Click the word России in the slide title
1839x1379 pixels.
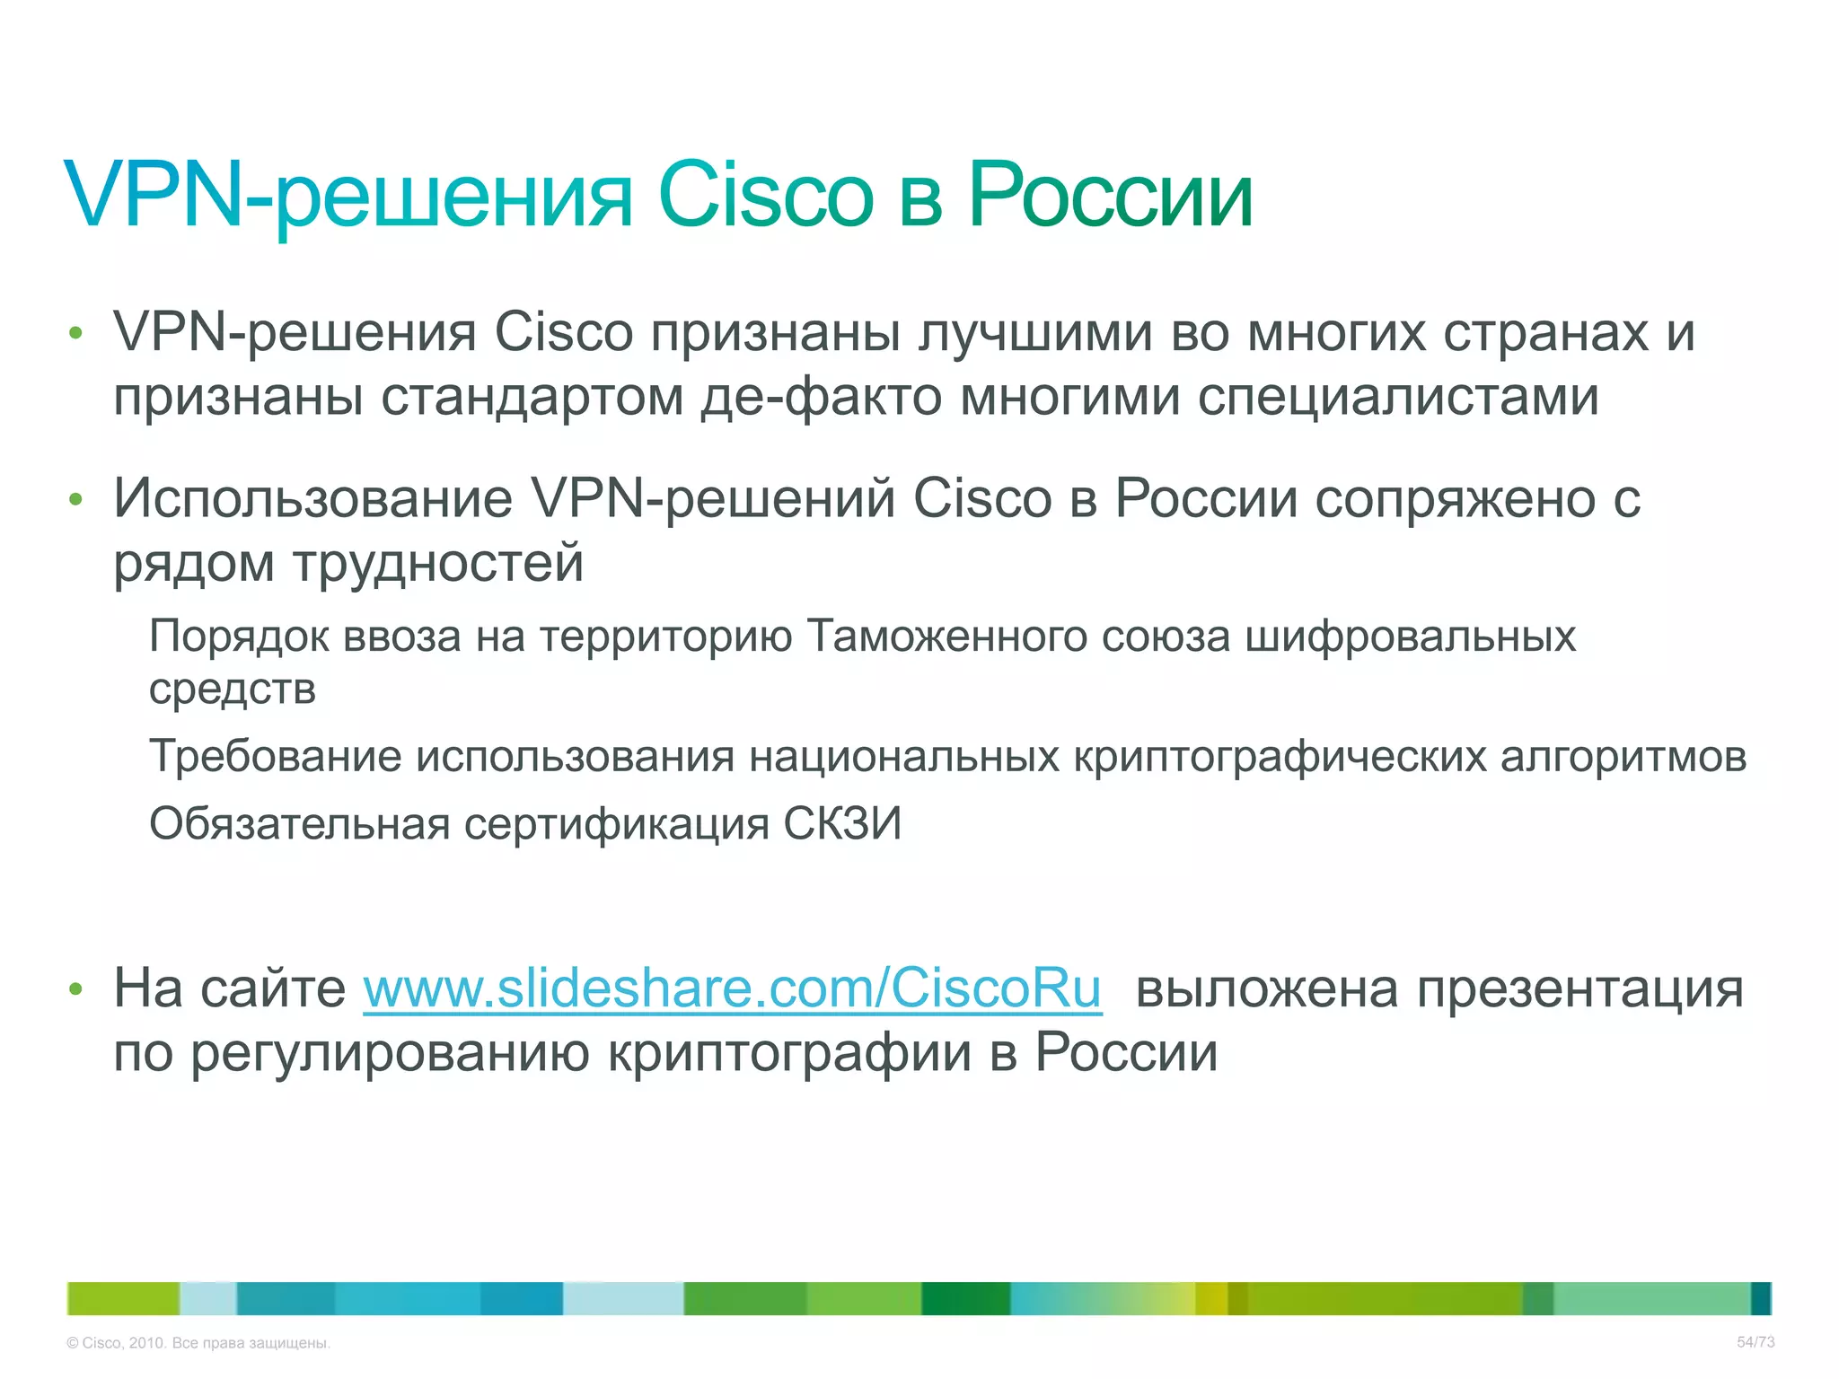pos(1110,196)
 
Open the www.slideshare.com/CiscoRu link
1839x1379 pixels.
pos(732,989)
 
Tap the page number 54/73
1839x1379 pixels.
pos(1755,1342)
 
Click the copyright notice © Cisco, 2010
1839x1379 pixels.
pos(198,1343)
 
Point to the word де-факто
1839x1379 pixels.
pos(821,398)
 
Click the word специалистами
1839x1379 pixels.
pos(1398,398)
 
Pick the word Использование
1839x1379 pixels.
pos(312,499)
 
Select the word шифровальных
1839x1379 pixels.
pos(1410,637)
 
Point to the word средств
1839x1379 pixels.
pos(233,689)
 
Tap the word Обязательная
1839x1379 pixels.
pos(299,823)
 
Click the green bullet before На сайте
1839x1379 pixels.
pos(75,990)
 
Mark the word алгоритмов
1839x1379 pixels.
pos(1623,757)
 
